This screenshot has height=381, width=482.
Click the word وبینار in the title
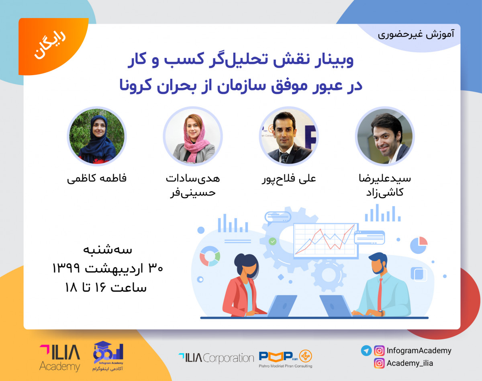click(x=334, y=60)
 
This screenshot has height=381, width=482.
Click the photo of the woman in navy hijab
click(x=97, y=136)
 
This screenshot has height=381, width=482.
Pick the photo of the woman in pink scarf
click(x=193, y=136)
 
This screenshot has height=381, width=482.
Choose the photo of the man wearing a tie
click(x=288, y=136)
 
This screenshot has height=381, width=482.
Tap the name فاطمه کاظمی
click(x=97, y=178)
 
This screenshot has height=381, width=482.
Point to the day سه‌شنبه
click(x=108, y=250)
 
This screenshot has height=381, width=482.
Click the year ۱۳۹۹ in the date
click(x=66, y=268)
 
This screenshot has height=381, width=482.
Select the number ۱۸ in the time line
click(x=71, y=287)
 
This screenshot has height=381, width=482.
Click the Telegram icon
click(x=366, y=350)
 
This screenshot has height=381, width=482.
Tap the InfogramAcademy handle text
click(x=419, y=350)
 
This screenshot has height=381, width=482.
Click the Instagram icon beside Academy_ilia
click(x=379, y=363)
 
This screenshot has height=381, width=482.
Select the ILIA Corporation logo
click(x=216, y=358)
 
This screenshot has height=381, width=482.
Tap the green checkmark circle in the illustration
click(x=272, y=242)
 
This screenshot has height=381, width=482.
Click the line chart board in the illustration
click(x=326, y=241)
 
